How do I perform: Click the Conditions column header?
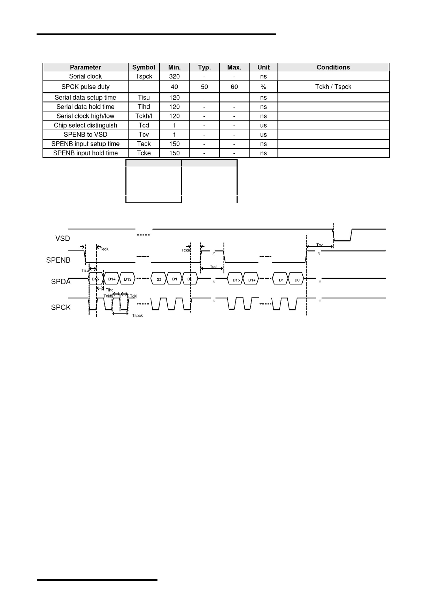click(x=333, y=67)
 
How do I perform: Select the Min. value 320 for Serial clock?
click(x=174, y=76)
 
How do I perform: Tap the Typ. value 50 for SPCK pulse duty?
click(x=204, y=87)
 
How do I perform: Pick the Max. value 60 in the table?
click(x=234, y=87)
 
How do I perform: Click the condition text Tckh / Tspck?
click(x=333, y=87)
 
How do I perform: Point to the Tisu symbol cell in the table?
click(x=144, y=98)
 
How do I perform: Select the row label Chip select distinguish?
click(x=85, y=125)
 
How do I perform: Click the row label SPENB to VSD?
click(x=85, y=134)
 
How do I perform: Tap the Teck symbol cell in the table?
click(x=144, y=144)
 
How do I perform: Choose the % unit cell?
click(x=263, y=87)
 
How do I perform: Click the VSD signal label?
click(x=63, y=239)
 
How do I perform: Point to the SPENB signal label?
click(x=58, y=260)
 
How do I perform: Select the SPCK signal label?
click(x=61, y=308)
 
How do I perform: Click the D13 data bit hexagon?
click(x=128, y=279)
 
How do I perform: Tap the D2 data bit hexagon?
click(x=159, y=279)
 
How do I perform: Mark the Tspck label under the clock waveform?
click(x=137, y=316)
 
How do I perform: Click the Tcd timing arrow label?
click(x=213, y=267)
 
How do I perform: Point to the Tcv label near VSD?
click(x=319, y=245)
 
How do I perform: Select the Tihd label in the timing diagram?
click(x=109, y=290)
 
